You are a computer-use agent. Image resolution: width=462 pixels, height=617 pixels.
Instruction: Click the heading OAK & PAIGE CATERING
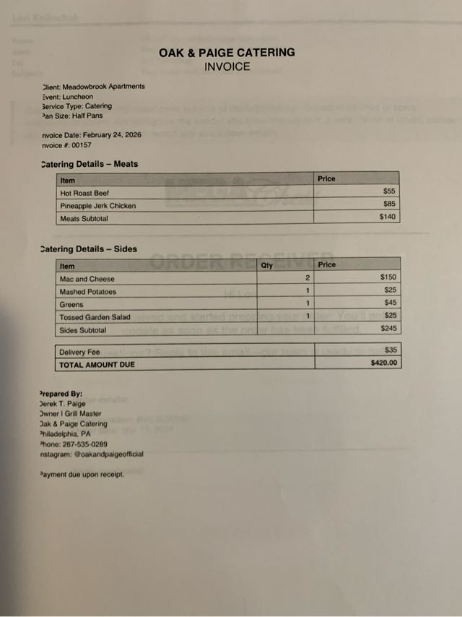click(227, 52)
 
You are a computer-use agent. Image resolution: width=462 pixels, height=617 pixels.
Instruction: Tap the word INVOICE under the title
click(227, 66)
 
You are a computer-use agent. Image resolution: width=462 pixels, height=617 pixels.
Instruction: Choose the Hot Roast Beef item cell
click(84, 193)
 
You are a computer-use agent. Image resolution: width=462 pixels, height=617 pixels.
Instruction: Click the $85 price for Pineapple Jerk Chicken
click(389, 204)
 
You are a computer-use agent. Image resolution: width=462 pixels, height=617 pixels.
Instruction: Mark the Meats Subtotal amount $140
click(387, 217)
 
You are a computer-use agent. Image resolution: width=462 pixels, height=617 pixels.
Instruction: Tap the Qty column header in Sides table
click(267, 265)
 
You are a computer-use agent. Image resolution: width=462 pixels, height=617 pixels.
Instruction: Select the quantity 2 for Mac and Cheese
click(307, 278)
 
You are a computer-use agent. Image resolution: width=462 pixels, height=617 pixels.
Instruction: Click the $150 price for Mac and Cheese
click(388, 277)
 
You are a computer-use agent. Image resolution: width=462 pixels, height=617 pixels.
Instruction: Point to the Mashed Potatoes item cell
click(87, 292)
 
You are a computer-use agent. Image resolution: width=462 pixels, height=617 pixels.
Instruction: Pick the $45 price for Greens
click(390, 303)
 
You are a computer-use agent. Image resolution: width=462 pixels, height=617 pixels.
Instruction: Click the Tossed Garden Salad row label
click(95, 317)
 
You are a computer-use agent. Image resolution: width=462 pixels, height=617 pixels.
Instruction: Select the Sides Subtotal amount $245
click(388, 329)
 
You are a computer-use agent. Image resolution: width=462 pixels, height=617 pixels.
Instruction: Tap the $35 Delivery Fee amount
click(391, 350)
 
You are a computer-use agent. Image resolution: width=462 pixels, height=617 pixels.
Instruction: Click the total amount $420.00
click(383, 363)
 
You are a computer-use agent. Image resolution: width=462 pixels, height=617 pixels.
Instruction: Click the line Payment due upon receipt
click(83, 475)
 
